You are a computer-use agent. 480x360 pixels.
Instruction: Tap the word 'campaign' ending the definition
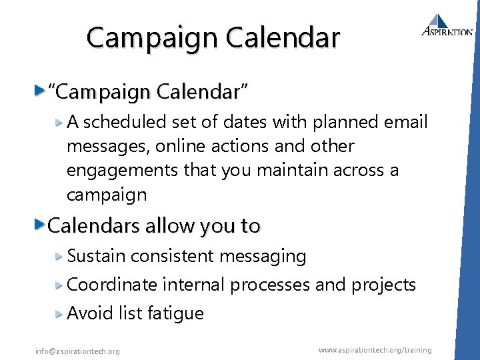pos(107,195)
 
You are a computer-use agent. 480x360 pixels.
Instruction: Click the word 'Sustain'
pos(97,256)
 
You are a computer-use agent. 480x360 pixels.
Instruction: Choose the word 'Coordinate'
pos(112,285)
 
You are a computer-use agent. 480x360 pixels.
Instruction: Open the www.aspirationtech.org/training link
pos(375,349)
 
